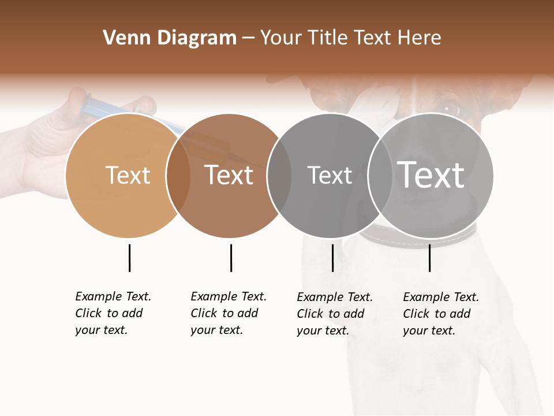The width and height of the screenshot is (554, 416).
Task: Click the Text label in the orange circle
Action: click(x=128, y=175)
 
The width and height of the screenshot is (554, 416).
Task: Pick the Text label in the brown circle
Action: click(x=229, y=175)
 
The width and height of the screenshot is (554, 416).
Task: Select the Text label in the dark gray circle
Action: click(x=330, y=175)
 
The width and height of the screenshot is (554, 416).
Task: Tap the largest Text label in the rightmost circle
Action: click(x=431, y=174)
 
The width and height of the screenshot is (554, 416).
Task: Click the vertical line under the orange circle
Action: click(x=129, y=258)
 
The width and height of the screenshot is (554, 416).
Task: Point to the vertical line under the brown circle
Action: click(x=231, y=258)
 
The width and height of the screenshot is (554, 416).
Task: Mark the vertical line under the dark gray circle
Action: click(x=332, y=258)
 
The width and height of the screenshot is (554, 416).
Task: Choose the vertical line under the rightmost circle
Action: click(x=429, y=258)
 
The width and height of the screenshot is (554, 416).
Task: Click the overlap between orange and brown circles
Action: click(x=179, y=175)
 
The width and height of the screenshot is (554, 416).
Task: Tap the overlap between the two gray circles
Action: click(x=380, y=175)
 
